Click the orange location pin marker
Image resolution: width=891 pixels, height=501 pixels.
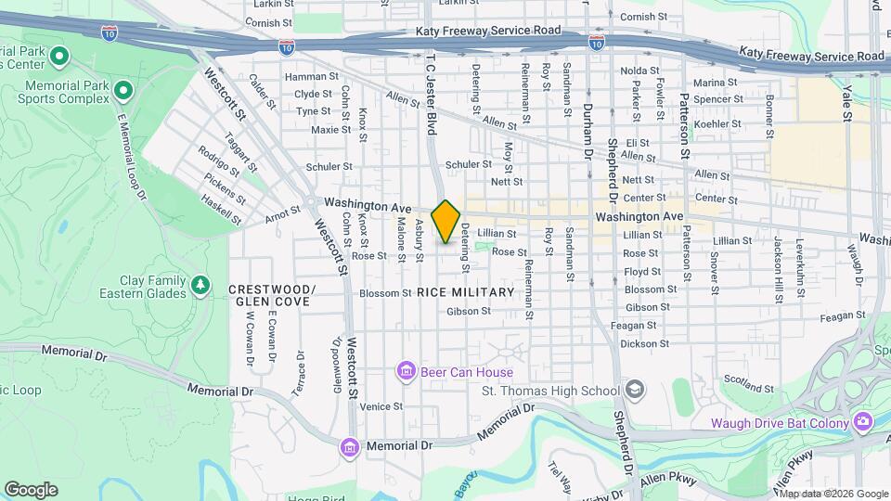[446, 221]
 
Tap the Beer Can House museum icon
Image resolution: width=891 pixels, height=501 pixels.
[406, 372]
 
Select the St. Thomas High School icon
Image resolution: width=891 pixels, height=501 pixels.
[635, 389]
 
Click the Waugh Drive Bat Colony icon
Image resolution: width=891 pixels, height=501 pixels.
[863, 423]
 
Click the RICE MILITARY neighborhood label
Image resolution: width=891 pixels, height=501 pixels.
[465, 292]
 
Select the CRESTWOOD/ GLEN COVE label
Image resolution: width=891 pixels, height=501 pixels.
[271, 295]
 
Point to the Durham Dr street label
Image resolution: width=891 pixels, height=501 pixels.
[588, 130]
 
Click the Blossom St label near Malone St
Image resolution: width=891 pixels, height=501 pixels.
[384, 293]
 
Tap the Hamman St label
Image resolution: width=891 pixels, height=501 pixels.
[306, 77]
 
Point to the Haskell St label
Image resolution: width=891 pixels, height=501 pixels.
[221, 212]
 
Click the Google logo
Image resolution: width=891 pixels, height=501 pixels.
[31, 489]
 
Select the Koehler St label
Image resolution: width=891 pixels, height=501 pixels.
[714, 123]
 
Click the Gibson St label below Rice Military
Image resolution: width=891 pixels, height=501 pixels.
[468, 312]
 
